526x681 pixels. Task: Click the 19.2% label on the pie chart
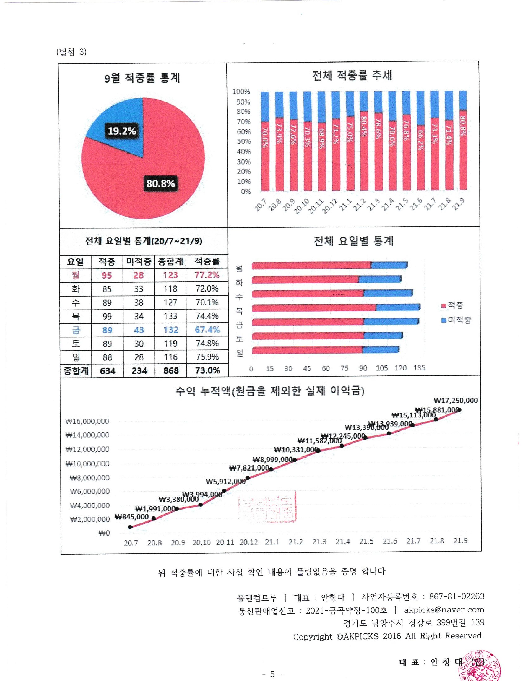(x=121, y=131)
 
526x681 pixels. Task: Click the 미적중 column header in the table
(x=139, y=261)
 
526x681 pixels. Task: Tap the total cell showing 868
(x=171, y=370)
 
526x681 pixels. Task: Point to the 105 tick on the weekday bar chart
(x=382, y=368)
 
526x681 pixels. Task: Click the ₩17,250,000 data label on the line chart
(x=456, y=400)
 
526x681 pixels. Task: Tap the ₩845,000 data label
(x=132, y=517)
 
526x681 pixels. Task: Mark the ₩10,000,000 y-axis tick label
(x=87, y=464)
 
